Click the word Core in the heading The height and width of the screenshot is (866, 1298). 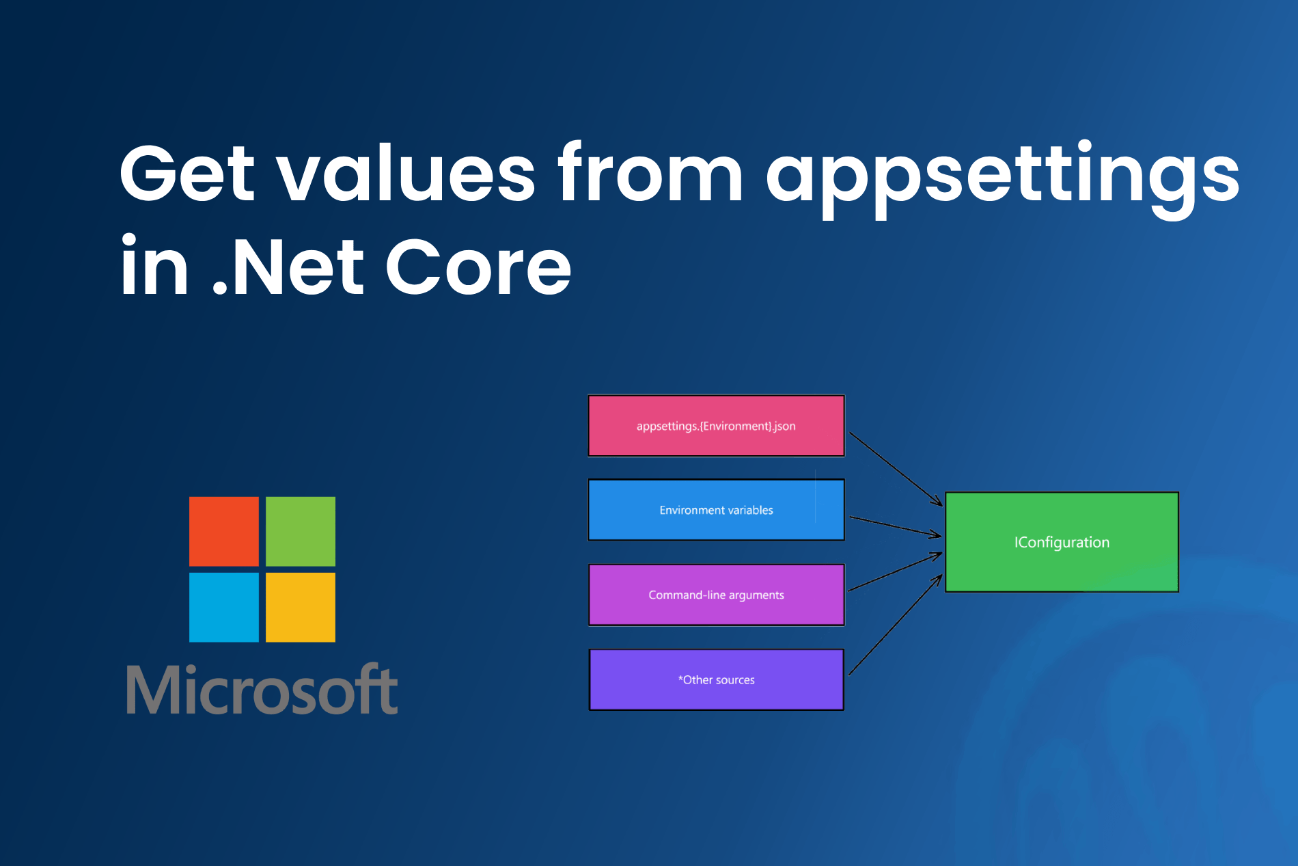pyautogui.click(x=478, y=267)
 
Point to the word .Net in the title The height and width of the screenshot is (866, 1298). pyautogui.click(x=288, y=267)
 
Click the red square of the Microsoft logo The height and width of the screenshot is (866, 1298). pyautogui.click(x=224, y=531)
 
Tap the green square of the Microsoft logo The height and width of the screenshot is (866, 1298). pyautogui.click(x=301, y=531)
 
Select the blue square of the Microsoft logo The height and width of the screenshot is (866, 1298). pyautogui.click(x=224, y=608)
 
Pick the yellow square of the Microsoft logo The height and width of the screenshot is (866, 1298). pyautogui.click(x=301, y=608)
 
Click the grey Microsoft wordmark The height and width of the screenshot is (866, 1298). pyautogui.click(x=262, y=690)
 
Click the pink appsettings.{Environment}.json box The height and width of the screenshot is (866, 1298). pyautogui.click(x=716, y=426)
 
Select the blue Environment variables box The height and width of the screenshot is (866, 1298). pyautogui.click(x=716, y=510)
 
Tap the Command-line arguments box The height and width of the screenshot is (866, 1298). pyautogui.click(x=716, y=595)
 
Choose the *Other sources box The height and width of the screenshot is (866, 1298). pyautogui.click(x=716, y=679)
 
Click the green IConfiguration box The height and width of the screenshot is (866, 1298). pyautogui.click(x=1062, y=542)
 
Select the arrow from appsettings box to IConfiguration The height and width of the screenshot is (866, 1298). pyautogui.click(x=895, y=469)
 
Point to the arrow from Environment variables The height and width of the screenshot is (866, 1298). pyautogui.click(x=895, y=527)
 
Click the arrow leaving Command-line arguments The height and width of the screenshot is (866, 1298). pyautogui.click(x=895, y=572)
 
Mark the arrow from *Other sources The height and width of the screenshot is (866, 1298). pyautogui.click(x=895, y=625)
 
